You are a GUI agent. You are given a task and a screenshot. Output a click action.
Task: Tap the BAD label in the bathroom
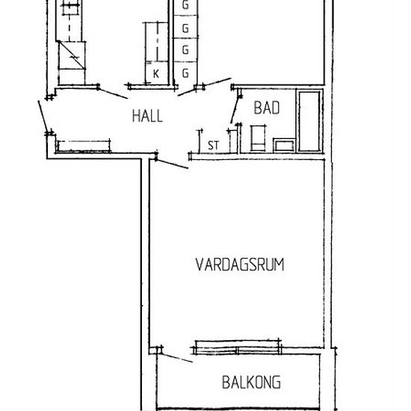(x=267, y=108)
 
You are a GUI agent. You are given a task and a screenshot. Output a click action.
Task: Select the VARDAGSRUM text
(x=241, y=265)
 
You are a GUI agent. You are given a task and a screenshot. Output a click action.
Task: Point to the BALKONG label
(x=251, y=383)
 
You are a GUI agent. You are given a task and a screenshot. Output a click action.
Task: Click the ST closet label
(x=213, y=145)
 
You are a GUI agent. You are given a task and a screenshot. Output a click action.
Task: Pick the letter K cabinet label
(x=155, y=73)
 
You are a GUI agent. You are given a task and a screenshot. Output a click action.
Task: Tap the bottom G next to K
(x=185, y=72)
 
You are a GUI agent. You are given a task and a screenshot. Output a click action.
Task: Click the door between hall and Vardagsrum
(x=172, y=162)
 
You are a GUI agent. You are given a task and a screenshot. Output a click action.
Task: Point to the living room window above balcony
(x=238, y=347)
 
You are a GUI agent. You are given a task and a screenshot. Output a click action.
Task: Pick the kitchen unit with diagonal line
(x=73, y=55)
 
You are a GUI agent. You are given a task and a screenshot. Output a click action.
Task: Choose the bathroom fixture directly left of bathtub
(x=283, y=145)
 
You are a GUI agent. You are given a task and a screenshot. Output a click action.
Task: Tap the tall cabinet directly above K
(x=155, y=43)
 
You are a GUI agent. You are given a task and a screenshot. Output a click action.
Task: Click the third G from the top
(x=185, y=50)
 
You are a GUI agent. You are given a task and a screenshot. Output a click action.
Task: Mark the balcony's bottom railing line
(x=241, y=408)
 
